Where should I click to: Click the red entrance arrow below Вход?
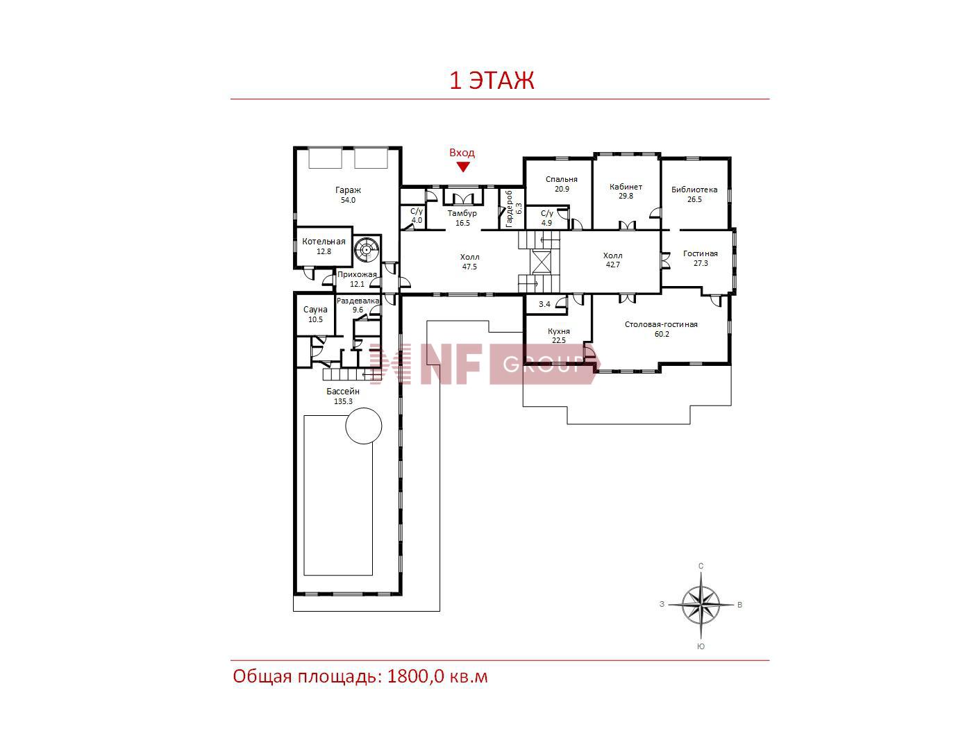tap(463, 167)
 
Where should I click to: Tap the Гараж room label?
tap(348, 190)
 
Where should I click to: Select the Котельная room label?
tap(324, 242)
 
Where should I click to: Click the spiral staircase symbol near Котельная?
tap(367, 250)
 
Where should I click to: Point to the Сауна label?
tap(315, 310)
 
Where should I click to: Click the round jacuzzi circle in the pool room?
tap(364, 408)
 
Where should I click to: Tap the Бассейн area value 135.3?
tap(343, 401)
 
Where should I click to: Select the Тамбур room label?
tap(462, 213)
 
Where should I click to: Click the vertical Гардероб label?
tap(509, 208)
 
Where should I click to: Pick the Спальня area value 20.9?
tap(562, 189)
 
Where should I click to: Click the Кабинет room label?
tap(626, 187)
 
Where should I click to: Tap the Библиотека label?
tap(694, 190)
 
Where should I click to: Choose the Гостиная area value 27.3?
tap(701, 263)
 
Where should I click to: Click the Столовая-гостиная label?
tap(661, 324)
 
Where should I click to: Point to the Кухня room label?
tap(559, 332)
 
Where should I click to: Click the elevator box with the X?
tap(541, 262)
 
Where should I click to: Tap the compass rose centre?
tap(701, 605)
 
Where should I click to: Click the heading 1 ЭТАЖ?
tap(492, 81)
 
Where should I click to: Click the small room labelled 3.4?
tap(546, 305)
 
